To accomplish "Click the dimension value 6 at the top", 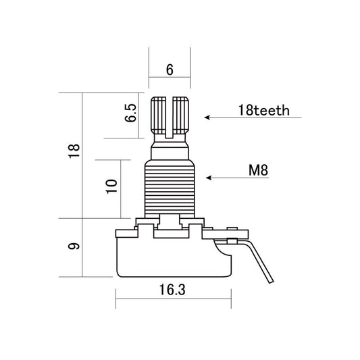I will (x=169, y=70).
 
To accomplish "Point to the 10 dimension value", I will (x=111, y=185).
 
